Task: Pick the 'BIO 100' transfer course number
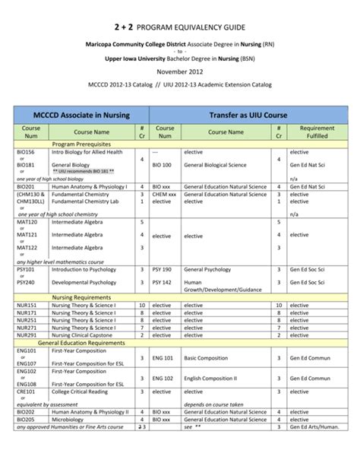pyautogui.click(x=162, y=164)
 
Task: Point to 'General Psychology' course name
pyautogui.click(x=207, y=269)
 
